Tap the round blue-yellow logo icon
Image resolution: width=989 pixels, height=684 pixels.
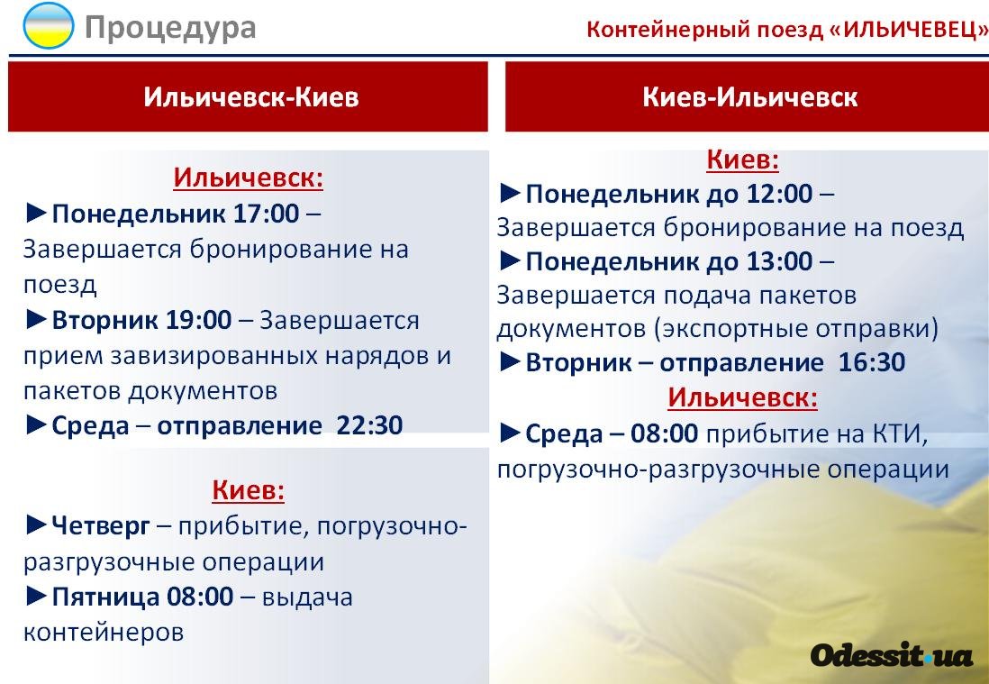tap(49, 25)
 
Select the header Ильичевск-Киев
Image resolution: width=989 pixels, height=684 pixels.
tap(251, 97)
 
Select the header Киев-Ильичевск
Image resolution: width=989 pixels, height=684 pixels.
tap(750, 97)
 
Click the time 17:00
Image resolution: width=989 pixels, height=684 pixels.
tap(267, 214)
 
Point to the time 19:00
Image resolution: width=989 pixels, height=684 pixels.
tap(199, 320)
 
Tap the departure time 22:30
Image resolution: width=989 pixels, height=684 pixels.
tap(369, 425)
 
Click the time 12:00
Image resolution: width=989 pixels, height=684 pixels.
tap(780, 193)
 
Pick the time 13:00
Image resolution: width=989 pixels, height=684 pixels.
tap(780, 260)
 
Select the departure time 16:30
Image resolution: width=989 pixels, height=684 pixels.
tap(872, 362)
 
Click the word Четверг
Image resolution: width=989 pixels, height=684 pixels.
tap(101, 525)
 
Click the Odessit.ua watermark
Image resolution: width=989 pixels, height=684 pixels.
tap(892, 655)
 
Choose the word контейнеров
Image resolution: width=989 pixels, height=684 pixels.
tap(104, 633)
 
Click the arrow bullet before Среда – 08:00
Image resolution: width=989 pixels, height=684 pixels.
tap(511, 433)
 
